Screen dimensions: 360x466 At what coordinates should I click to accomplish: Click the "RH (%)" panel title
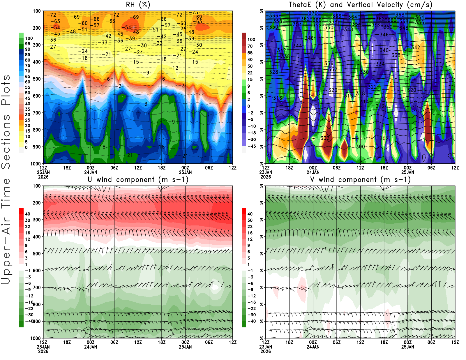[x=138, y=5]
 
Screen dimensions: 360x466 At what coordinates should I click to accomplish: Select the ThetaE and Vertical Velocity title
[x=360, y=5]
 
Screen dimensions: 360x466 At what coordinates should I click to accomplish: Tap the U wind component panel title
[x=138, y=179]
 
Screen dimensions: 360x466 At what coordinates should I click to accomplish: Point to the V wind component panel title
[x=360, y=179]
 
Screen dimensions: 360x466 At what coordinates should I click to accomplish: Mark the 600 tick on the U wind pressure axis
[x=37, y=271]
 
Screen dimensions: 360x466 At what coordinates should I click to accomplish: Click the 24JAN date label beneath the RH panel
[x=91, y=172]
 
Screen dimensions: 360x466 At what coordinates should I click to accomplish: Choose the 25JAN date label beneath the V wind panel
[x=408, y=347]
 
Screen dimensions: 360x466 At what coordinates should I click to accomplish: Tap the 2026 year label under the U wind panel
[x=43, y=351]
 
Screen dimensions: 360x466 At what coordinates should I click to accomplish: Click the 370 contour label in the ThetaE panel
[x=313, y=13]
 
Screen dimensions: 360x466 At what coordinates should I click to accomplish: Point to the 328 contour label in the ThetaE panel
[x=273, y=72]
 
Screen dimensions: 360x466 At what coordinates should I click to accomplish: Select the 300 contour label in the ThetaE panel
[x=360, y=147]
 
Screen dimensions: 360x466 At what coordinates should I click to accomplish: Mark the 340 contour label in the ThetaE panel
[x=384, y=50]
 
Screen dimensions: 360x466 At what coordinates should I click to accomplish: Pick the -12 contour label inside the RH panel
[x=174, y=68]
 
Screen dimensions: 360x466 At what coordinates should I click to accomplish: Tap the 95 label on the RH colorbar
[x=27, y=44]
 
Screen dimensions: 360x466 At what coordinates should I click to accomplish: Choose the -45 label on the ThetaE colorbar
[x=251, y=146]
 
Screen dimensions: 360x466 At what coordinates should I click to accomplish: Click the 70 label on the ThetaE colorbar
[x=250, y=46]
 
